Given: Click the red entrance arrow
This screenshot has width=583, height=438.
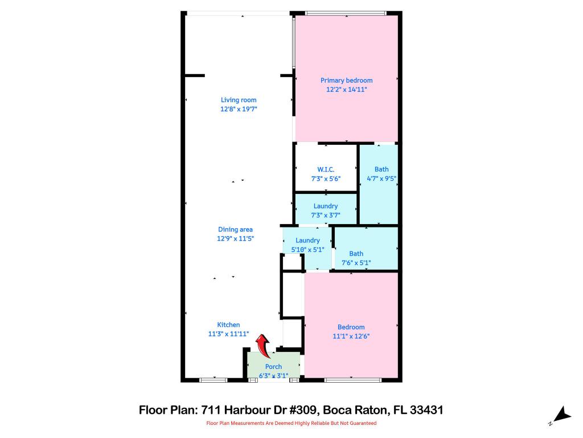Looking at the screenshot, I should [x=262, y=346].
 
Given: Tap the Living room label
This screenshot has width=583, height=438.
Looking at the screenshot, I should [x=239, y=100].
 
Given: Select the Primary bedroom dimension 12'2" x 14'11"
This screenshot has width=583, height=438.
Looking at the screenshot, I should [x=346, y=90].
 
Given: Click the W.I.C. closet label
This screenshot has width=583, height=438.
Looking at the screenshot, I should [x=326, y=169].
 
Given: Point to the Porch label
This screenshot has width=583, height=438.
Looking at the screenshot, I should [x=273, y=367].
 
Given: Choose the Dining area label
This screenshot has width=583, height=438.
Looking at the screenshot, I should [x=235, y=230].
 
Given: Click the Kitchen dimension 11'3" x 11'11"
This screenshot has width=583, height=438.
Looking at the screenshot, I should [x=228, y=334].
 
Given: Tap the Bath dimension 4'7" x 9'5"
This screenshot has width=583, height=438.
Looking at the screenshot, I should [x=381, y=179].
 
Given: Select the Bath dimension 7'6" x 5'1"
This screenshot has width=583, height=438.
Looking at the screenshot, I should [x=356, y=263].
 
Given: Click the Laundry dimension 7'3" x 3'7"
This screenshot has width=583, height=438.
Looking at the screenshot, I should [x=326, y=215].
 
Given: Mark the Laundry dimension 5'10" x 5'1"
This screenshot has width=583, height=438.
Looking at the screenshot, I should [x=307, y=249].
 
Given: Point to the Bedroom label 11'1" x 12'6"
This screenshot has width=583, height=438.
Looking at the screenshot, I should [x=351, y=327].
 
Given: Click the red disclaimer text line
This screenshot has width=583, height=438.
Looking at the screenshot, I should [x=291, y=423].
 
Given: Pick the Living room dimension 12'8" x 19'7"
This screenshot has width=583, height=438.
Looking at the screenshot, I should [x=239, y=109].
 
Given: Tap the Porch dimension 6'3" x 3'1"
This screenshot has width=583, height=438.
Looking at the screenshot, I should [x=273, y=375].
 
